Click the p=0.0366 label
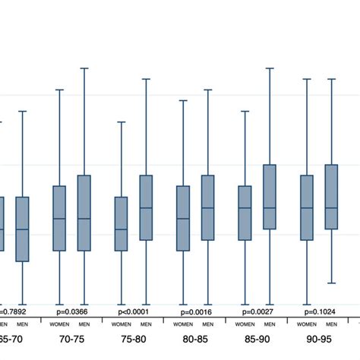[x=71, y=311]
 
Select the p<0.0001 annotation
[x=133, y=311]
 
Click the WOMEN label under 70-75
[x=58, y=325]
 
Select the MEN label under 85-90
[x=270, y=325]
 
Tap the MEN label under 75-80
[x=146, y=325]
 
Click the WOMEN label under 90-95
[x=306, y=325]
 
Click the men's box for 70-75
[x=84, y=213]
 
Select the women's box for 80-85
[x=182, y=218]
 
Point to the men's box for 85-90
[x=270, y=197]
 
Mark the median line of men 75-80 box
[x=146, y=208]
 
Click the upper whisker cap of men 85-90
[x=270, y=68]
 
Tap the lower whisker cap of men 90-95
[x=331, y=283]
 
